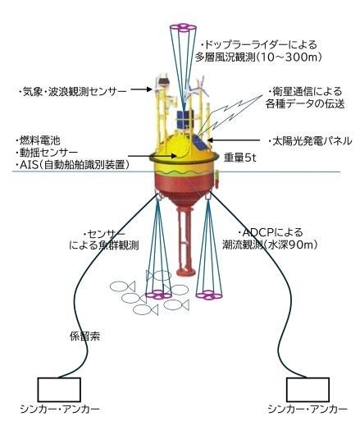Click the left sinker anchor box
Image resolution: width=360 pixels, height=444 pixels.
pos(59,389)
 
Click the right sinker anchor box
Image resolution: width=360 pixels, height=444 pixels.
pos(308,389)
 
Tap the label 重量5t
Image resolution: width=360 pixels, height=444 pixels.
pos(239,158)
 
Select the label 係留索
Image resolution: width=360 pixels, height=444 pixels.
pos(84,336)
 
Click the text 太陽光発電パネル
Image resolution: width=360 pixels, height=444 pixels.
pos(312,141)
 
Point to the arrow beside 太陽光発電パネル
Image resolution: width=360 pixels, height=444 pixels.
pos(233,140)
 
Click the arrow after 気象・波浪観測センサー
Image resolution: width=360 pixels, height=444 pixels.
pos(141,89)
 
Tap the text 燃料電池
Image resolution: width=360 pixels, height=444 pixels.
pos(39,140)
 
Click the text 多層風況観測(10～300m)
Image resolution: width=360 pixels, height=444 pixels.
pos(258,57)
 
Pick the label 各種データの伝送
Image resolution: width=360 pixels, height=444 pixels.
pos(305,104)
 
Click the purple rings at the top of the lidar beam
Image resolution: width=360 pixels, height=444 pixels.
pos(183,28)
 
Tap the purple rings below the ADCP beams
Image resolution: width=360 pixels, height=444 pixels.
pos(209,295)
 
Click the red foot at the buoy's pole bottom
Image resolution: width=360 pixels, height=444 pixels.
pos(186,272)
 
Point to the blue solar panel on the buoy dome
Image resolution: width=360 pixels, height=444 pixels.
pos(200,143)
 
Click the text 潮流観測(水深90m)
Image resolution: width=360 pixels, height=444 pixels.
pos(270,245)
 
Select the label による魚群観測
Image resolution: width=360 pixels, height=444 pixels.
pos(104,245)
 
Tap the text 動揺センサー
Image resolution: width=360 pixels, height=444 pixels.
pos(47,153)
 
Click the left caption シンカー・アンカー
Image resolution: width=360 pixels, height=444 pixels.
pos(60,410)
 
